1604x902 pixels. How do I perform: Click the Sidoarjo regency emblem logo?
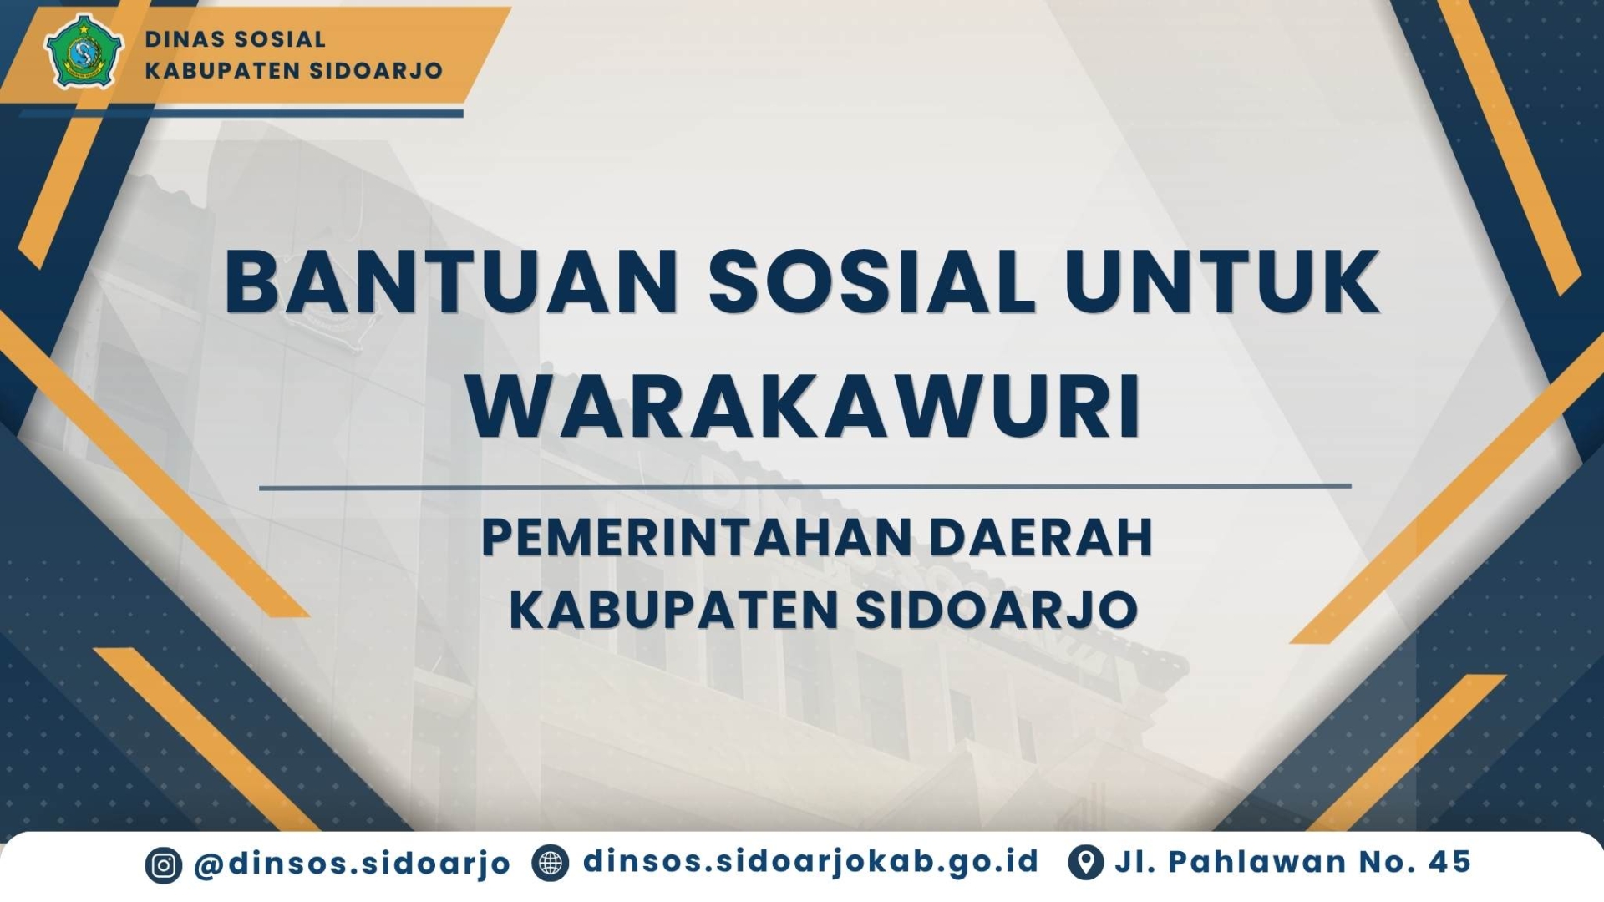84,51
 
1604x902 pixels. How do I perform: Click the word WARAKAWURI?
804,407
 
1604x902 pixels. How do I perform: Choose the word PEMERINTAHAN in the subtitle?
697,537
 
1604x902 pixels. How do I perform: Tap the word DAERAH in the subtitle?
1042,537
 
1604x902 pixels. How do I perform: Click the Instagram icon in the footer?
164,865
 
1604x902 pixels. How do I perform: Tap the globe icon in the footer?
551,864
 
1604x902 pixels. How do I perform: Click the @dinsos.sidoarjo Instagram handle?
352,864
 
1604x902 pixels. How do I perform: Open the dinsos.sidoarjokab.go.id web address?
810,861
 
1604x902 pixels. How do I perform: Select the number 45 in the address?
1449,862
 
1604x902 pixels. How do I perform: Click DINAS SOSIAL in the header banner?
236,39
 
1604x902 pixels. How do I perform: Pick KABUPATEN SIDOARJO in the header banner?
294,70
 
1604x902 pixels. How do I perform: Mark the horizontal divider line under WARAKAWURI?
805,486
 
